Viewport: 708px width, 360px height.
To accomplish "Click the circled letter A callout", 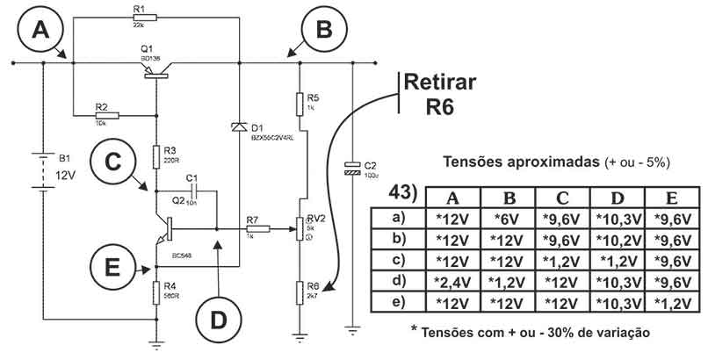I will [39, 32].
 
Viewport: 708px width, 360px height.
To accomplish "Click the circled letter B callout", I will [322, 32].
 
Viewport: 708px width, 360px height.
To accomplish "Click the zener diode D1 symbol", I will [242, 128].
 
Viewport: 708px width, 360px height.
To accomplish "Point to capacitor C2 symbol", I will [351, 168].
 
